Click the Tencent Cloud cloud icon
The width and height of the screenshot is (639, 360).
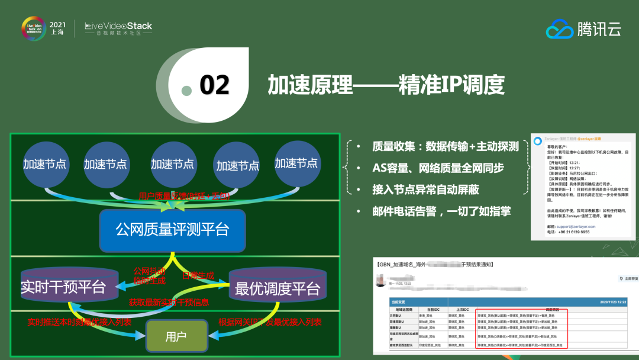tap(559, 28)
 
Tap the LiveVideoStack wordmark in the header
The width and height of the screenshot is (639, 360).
tap(118, 26)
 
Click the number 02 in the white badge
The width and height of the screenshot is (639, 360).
tap(214, 85)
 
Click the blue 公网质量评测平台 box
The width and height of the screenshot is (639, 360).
tap(172, 229)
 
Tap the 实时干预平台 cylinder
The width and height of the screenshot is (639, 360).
tap(63, 288)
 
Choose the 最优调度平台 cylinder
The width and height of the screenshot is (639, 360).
tap(277, 289)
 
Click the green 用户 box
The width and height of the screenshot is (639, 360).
tap(176, 336)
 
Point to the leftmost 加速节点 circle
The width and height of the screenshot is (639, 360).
tap(45, 164)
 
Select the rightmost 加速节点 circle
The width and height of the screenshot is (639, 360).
tap(296, 163)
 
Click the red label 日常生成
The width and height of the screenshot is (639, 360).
tap(198, 275)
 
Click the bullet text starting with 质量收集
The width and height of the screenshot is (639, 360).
tap(445, 146)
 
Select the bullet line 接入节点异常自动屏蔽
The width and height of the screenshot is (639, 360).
tap(425, 189)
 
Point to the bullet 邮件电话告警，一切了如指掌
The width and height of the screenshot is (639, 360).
tap(441, 211)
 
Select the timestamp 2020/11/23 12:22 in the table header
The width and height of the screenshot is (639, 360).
tap(612, 302)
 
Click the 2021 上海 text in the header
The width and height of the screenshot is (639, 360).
tap(58, 28)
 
